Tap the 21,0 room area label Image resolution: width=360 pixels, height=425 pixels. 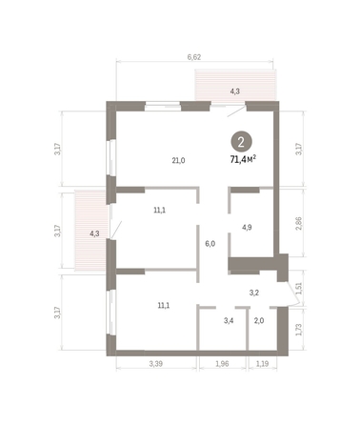(177, 160)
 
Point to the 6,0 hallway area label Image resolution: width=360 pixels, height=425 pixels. (210, 243)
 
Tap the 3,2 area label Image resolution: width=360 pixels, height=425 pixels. (254, 293)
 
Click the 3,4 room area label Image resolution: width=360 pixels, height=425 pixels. (229, 321)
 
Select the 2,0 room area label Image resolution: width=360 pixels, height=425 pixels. (258, 321)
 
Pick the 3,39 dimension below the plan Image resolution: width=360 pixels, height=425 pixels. (156, 363)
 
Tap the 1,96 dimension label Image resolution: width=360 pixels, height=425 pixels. (223, 363)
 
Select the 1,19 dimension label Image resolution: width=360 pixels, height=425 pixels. (263, 363)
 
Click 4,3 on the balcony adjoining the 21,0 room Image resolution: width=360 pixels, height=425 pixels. (235, 91)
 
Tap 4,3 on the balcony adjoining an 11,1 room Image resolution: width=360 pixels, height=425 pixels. (94, 233)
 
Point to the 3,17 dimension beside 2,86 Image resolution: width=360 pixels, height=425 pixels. (301, 149)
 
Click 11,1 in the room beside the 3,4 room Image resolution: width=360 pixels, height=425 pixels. (163, 305)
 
